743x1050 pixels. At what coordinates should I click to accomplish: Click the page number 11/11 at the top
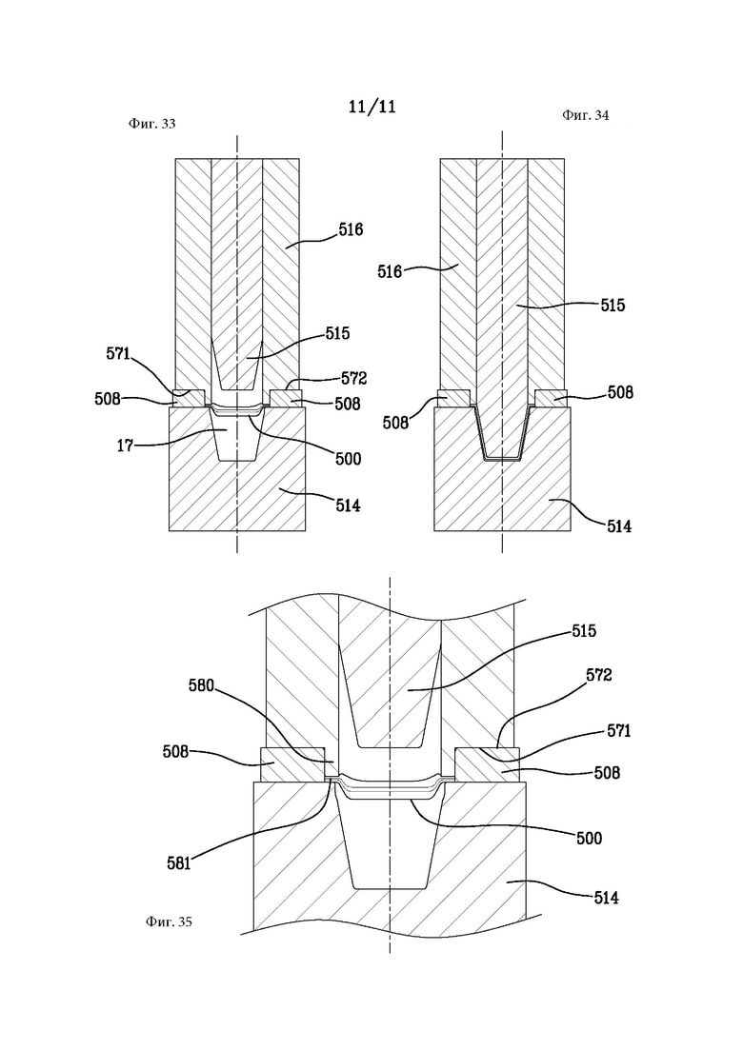pyautogui.click(x=371, y=107)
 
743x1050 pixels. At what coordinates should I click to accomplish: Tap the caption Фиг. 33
pyautogui.click(x=151, y=124)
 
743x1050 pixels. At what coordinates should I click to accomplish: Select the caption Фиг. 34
pyautogui.click(x=586, y=115)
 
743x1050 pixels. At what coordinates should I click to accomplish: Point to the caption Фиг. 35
pyautogui.click(x=169, y=921)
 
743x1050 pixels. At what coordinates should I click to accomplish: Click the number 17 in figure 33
pyautogui.click(x=126, y=445)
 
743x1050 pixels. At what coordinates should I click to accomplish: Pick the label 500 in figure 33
pyautogui.click(x=349, y=459)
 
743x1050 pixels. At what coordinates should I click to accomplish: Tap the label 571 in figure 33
pyautogui.click(x=118, y=354)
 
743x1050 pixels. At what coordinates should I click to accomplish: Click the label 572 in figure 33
pyautogui.click(x=353, y=378)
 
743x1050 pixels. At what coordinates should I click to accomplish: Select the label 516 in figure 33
pyautogui.click(x=351, y=229)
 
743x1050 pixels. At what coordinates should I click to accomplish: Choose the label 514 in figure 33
pyautogui.click(x=347, y=505)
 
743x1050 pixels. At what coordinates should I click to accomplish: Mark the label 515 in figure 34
pyautogui.click(x=612, y=306)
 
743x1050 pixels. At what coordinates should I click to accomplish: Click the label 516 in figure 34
pyautogui.click(x=390, y=271)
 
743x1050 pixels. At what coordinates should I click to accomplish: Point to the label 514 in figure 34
pyautogui.click(x=618, y=526)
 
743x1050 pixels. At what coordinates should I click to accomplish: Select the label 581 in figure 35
pyautogui.click(x=179, y=863)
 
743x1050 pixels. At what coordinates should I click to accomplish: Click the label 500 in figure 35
pyautogui.click(x=589, y=838)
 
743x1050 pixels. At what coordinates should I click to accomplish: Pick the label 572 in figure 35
pyautogui.click(x=598, y=675)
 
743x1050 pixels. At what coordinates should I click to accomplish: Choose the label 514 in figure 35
pyautogui.click(x=606, y=898)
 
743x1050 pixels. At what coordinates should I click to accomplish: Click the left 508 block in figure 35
pyautogui.click(x=292, y=764)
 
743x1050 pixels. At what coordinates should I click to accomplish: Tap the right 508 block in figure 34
pyautogui.click(x=552, y=399)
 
